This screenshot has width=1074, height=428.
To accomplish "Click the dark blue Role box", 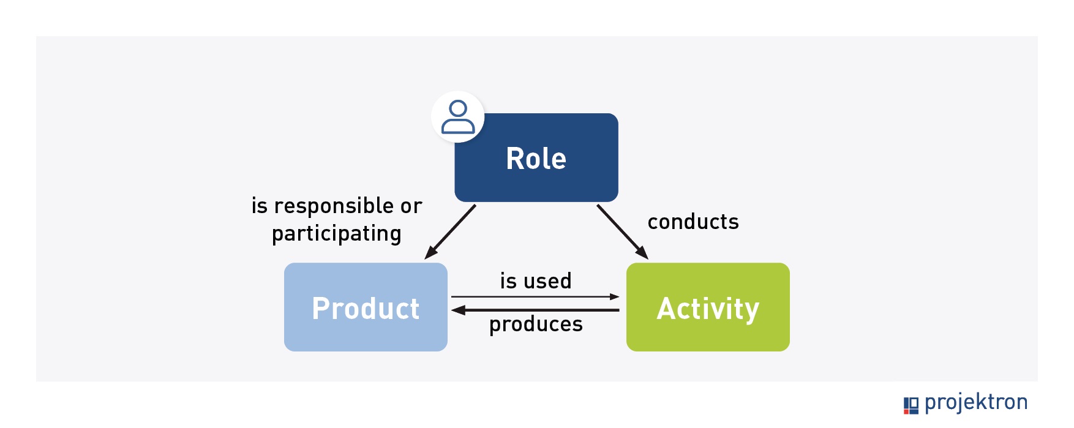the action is pos(536,157).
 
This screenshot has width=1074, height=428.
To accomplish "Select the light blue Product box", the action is pos(366,307).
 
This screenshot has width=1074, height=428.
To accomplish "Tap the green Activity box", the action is pos(708,307).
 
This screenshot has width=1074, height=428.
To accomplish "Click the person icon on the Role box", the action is pos(458,117).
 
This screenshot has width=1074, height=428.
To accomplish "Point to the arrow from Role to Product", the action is pos(450,231).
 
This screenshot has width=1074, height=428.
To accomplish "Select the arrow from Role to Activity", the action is pos(623,231).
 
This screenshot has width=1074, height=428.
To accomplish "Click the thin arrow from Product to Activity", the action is pos(535,297).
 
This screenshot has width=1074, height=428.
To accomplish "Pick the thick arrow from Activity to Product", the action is pos(535,310).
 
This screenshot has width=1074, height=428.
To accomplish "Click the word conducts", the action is pos(693,222).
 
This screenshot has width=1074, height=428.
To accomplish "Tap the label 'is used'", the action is pos(536,281).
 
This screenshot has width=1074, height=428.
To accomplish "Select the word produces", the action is pos(536,325).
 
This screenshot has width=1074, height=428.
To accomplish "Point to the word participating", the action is pos(337,234).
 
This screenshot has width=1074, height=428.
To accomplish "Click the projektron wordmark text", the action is pos(976,403).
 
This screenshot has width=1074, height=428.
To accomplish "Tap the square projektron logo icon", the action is pos(911,405).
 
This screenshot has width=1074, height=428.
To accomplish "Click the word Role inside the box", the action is pos(536,159).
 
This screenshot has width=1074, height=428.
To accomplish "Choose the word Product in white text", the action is pos(366,308).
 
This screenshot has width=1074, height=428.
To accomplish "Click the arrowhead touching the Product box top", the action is pos(431,252).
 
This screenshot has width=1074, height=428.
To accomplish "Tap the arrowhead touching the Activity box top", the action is pos(642,252).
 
